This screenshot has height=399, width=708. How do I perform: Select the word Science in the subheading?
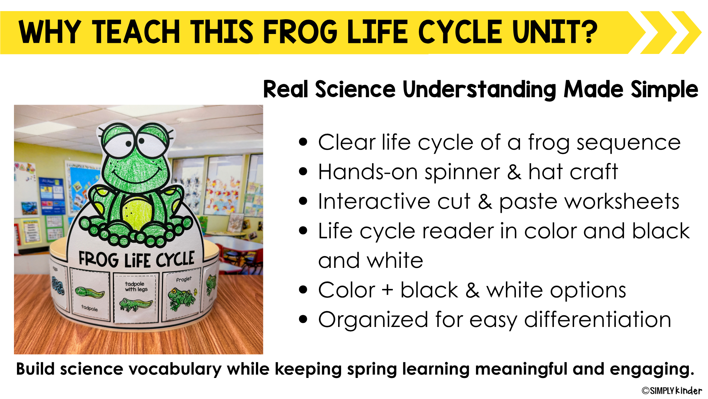pyautogui.click(x=355, y=89)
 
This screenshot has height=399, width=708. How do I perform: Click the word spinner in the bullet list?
pyautogui.click(x=462, y=173)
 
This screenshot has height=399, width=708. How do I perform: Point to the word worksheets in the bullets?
pyautogui.click(x=589, y=202)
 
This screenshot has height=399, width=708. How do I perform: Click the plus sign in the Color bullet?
pyautogui.click(x=388, y=290)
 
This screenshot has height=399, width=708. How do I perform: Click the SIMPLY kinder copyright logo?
pyautogui.click(x=672, y=391)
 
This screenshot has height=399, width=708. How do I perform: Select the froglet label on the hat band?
pyautogui.click(x=184, y=279)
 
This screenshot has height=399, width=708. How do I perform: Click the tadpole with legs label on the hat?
pyautogui.click(x=136, y=287)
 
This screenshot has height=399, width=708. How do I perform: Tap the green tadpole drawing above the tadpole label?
pyautogui.click(x=90, y=293)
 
